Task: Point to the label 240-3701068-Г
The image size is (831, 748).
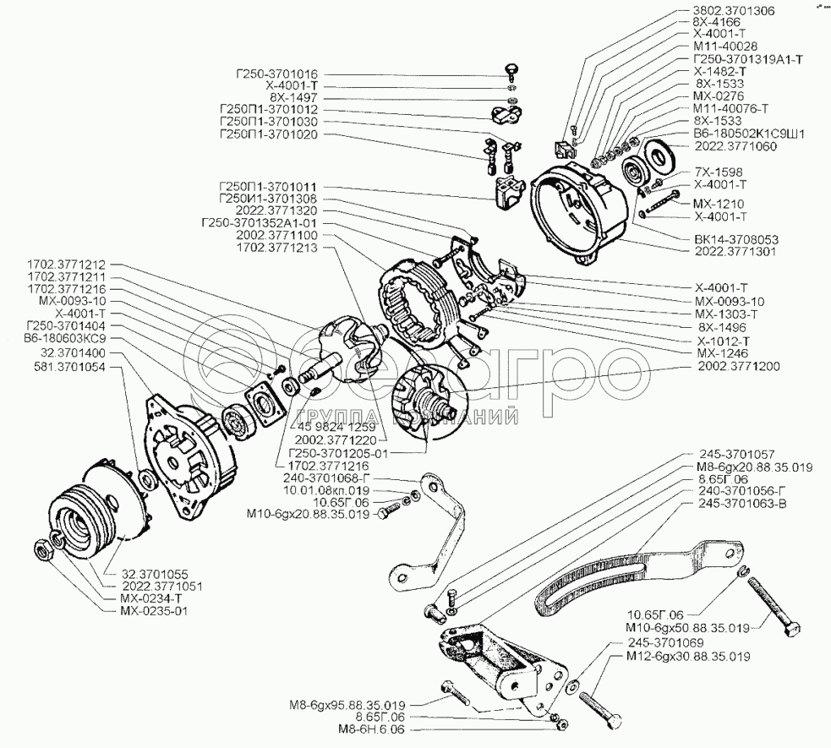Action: click(335, 477)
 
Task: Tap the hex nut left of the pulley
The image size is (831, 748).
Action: click(43, 550)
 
